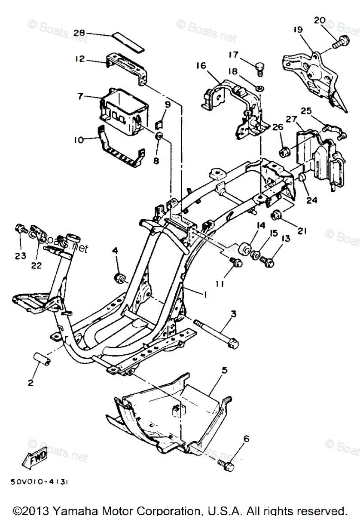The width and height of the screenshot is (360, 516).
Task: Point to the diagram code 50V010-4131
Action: pyautogui.click(x=38, y=482)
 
